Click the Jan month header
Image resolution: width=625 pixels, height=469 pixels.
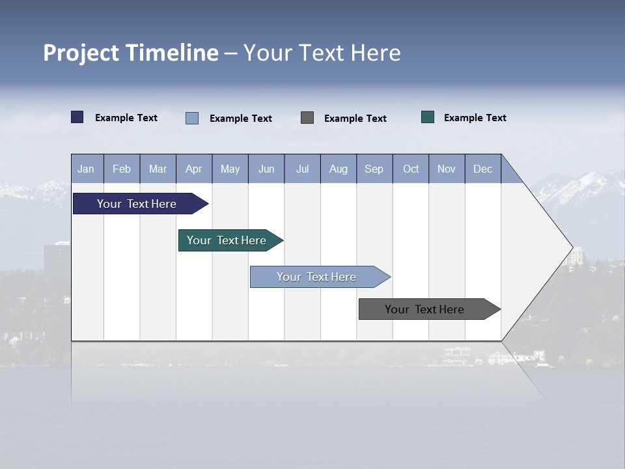coord(87,169)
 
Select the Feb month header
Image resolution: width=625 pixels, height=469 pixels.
coord(122,169)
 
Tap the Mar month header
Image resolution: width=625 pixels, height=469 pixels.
coord(158,169)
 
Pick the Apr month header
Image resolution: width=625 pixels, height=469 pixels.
coord(194,169)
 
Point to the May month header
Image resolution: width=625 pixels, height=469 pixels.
coord(230,169)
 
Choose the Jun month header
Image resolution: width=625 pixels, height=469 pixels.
coord(266,169)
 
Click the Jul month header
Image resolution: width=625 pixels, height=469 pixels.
coord(302,169)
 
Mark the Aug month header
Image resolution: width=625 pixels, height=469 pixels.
coord(339,169)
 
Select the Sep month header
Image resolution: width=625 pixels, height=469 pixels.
coord(374,169)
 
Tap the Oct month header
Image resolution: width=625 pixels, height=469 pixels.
coord(411,169)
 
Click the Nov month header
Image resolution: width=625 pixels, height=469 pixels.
coord(447,169)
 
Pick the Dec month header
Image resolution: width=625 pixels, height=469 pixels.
coord(483,169)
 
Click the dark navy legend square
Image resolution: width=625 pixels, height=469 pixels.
coord(77,117)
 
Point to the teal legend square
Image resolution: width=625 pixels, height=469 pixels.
coord(428,117)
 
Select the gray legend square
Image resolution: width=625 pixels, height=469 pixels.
coord(307,117)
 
